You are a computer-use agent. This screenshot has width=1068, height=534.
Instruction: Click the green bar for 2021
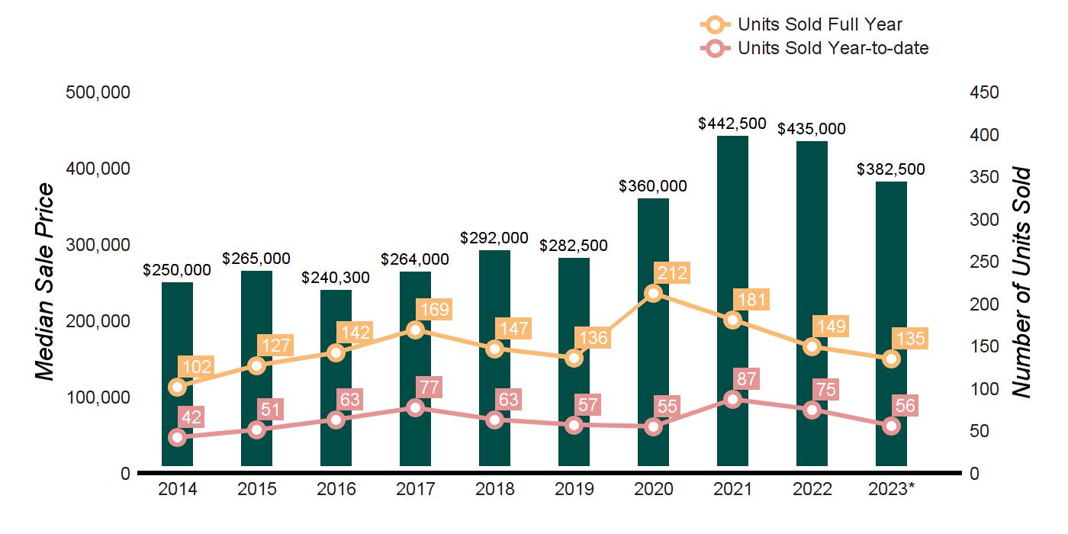pos(732,229)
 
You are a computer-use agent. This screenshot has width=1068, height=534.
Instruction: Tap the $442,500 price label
pos(732,123)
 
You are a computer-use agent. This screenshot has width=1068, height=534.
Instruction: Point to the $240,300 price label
pos(336,278)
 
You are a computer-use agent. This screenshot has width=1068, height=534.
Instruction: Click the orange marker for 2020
pos(653,294)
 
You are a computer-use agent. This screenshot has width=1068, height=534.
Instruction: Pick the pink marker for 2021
pos(732,400)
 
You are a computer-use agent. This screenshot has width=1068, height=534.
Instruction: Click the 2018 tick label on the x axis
pos(494,489)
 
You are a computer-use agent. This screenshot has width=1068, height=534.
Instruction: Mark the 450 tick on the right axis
pos(984,92)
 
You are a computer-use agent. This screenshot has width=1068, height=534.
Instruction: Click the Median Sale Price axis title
pos(46,282)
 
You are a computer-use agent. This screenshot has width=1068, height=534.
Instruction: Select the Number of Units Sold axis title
pos(1021,282)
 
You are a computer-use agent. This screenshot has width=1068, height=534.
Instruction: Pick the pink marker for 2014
pos(177,438)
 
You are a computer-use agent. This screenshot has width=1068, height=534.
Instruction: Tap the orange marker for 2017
pos(415,330)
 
